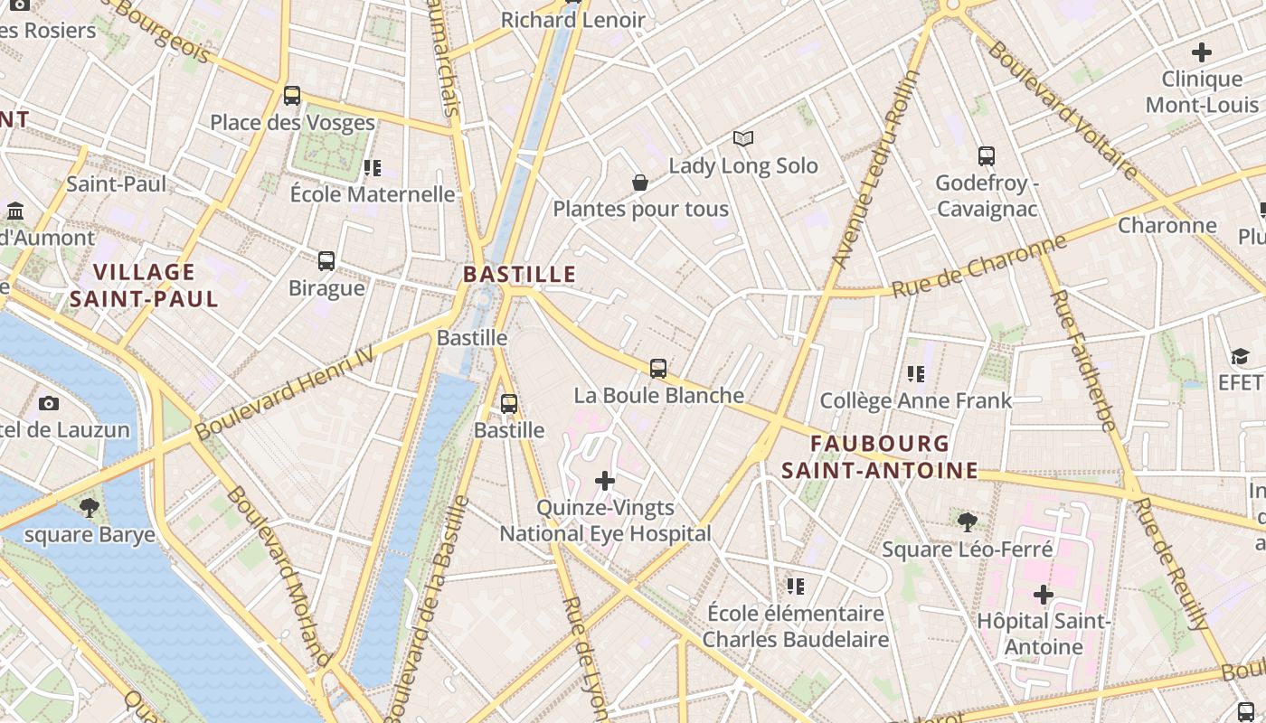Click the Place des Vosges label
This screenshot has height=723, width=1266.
[x=292, y=122]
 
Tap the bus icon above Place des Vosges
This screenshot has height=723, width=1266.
[x=292, y=95]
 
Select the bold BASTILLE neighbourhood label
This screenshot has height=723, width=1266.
[x=519, y=274]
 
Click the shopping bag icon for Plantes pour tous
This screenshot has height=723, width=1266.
[x=640, y=183]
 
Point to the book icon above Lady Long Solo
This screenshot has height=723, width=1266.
[x=743, y=138]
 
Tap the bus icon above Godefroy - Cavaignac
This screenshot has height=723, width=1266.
[x=987, y=156]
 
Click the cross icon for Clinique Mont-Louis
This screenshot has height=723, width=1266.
[x=1202, y=52]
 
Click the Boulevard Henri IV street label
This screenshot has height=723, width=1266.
[x=284, y=394]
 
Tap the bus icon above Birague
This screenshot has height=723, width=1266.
[x=326, y=261]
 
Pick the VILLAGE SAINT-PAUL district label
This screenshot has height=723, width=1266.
[x=145, y=286]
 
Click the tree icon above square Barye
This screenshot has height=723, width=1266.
[x=89, y=507]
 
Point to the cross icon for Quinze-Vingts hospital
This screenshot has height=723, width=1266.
[x=605, y=480]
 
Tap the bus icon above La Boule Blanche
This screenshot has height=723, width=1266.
[x=658, y=368]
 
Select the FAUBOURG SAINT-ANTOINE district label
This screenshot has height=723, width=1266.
[x=880, y=456]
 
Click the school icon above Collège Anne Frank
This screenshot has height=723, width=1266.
[x=915, y=373]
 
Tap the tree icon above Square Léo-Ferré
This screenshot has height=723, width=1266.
[x=967, y=521]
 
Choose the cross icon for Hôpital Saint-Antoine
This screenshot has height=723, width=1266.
[x=1044, y=594]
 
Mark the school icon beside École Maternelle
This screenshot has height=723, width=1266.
[x=372, y=167]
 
